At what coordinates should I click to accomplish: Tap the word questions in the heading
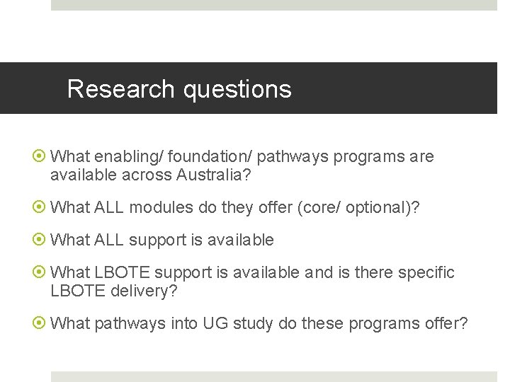[237, 90]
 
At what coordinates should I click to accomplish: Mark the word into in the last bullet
[184, 323]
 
